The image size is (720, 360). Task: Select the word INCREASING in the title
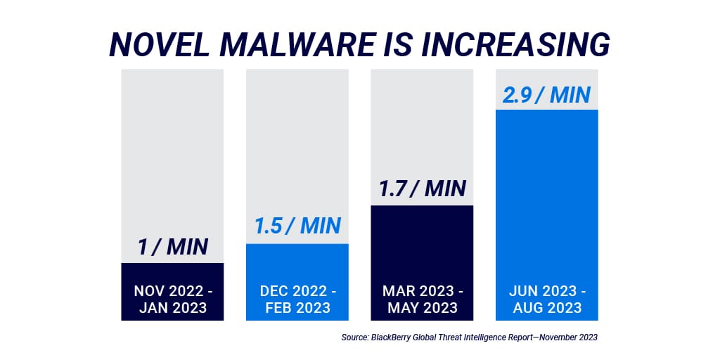tap(520, 44)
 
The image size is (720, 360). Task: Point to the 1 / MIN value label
tap(172, 246)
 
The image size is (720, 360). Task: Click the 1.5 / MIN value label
tap(297, 226)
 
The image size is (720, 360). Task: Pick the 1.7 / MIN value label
tap(422, 188)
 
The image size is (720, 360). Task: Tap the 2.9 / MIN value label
tap(546, 94)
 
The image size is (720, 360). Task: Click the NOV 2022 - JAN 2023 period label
tap(172, 299)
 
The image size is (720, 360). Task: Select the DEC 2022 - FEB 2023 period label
tap(297, 299)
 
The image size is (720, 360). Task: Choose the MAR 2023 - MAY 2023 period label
tap(422, 299)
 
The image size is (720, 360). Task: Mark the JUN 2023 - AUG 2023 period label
tap(546, 299)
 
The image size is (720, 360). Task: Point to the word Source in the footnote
tap(355, 337)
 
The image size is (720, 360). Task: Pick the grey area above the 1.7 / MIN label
tap(422, 120)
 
